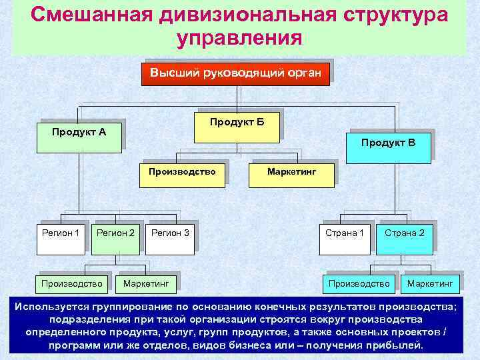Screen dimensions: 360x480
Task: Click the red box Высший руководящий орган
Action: pyautogui.click(x=236, y=73)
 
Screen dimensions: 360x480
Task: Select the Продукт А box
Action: pyautogui.click(x=79, y=132)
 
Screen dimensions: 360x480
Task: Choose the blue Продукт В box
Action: pyautogui.click(x=388, y=146)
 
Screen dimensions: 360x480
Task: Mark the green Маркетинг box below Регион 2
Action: pyautogui.click(x=145, y=284)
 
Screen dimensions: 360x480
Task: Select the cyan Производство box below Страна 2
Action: pyautogui.click(x=359, y=284)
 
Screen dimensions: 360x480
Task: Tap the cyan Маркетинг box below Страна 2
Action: pyautogui.click(x=429, y=284)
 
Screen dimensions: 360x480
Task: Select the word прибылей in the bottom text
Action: pyautogui.click(x=392, y=346)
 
